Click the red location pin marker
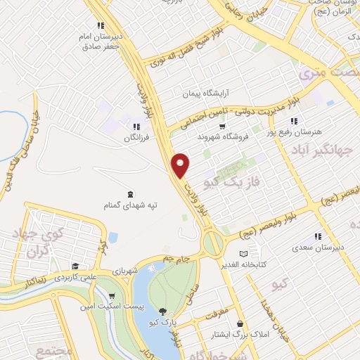click(x=181, y=166)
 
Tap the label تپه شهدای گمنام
click(x=131, y=205)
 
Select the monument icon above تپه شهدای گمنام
click(x=131, y=193)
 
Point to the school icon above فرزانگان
click(x=135, y=127)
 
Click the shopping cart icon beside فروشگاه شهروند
click(x=222, y=127)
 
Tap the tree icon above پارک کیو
click(x=163, y=311)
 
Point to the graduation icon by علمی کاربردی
click(x=75, y=266)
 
